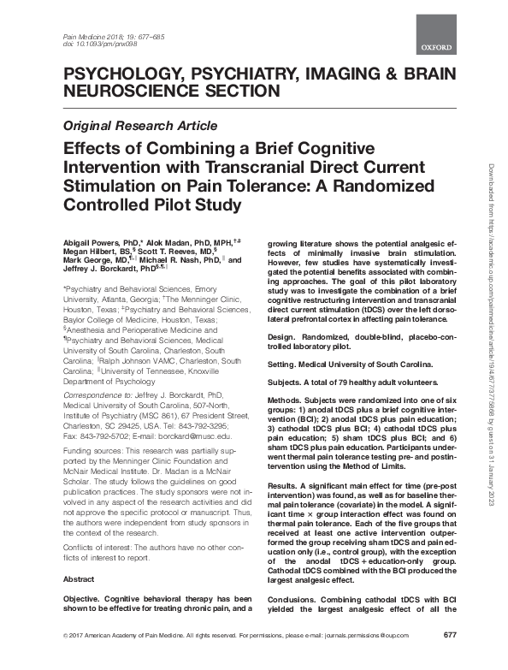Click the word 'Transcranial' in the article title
(x=257, y=166)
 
